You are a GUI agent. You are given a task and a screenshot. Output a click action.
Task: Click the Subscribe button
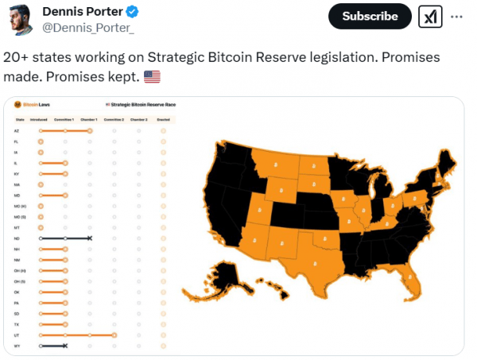pos(370,16)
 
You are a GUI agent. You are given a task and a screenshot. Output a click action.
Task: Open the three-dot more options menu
pos(456,16)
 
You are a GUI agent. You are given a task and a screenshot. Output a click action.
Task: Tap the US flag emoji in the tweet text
pos(152,77)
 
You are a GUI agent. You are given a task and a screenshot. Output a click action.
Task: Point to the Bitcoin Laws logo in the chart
pos(18,104)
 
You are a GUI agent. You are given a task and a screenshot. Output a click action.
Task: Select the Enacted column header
pos(163,119)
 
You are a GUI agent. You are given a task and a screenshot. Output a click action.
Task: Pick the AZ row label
pos(17,130)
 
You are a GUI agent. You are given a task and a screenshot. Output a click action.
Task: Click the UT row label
pos(17,335)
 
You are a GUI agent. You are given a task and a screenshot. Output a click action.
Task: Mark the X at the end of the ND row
pos(90,238)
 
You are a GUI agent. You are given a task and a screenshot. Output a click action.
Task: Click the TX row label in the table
pos(17,324)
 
